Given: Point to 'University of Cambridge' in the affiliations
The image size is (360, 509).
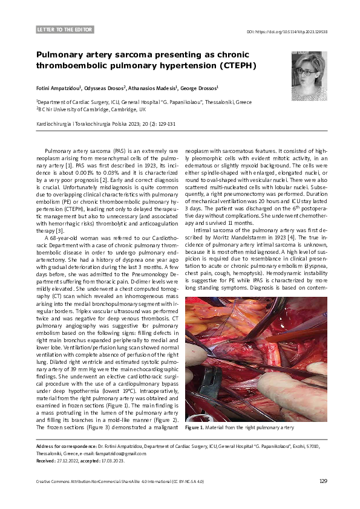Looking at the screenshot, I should pos(83,110).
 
